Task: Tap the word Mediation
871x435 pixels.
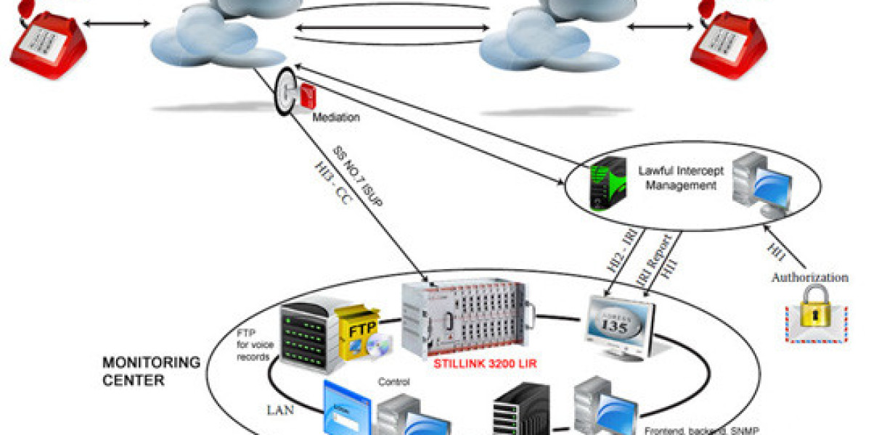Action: pyautogui.click(x=336, y=117)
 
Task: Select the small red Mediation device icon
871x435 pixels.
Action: pyautogui.click(x=308, y=96)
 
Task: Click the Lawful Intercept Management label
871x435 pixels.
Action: pyautogui.click(x=677, y=178)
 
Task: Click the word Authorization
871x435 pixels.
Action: pyautogui.click(x=809, y=278)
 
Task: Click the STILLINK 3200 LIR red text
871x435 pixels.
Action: pyautogui.click(x=484, y=364)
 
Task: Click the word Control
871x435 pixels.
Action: pyautogui.click(x=394, y=382)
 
